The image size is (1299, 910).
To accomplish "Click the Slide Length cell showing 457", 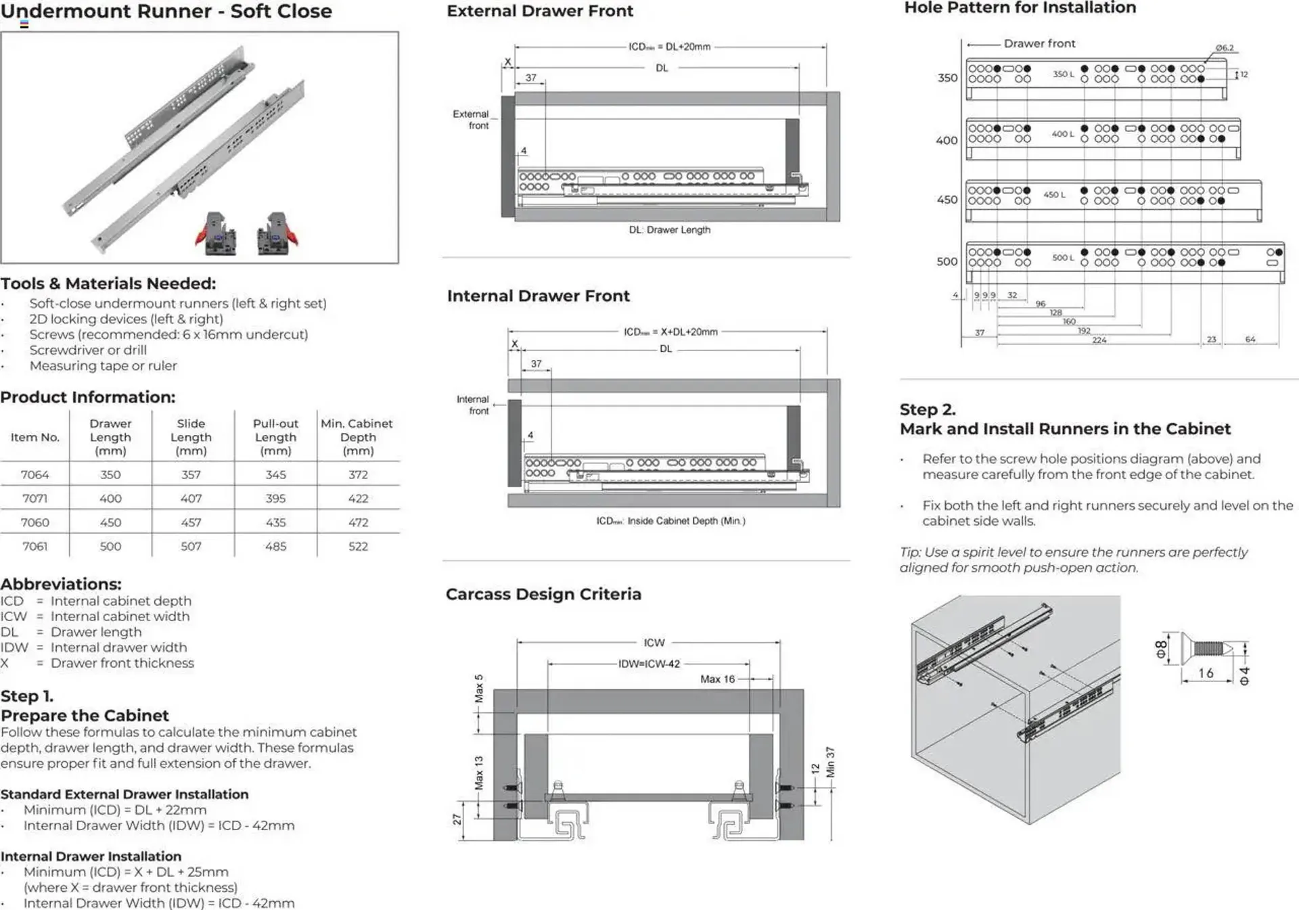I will (x=191, y=522).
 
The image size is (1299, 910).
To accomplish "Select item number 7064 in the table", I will (x=35, y=475).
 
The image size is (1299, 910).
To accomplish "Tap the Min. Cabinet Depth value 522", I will (x=358, y=546).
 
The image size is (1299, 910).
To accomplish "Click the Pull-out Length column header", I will (x=275, y=436).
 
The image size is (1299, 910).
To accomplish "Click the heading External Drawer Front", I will (x=539, y=11).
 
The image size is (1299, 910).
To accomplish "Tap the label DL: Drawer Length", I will (x=669, y=230).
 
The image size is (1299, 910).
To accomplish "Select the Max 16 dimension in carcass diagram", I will (x=717, y=679).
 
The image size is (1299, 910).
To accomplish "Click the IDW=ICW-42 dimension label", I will (x=649, y=664).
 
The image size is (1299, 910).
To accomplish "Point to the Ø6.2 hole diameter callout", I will (x=1224, y=48).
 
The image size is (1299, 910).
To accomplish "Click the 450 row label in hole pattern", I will (x=947, y=200).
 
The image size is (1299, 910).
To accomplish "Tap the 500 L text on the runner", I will (x=1063, y=258).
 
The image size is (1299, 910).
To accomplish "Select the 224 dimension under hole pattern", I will (x=1099, y=340).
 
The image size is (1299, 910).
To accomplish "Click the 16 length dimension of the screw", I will (x=1206, y=673).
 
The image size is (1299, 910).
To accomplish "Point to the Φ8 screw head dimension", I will (x=1161, y=650).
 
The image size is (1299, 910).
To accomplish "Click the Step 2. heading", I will (x=928, y=409).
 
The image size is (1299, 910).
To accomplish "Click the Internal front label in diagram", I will (x=472, y=405).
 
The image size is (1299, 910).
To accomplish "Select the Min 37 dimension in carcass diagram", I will (x=830, y=763).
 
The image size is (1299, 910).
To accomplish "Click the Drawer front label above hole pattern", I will (x=1039, y=43).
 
